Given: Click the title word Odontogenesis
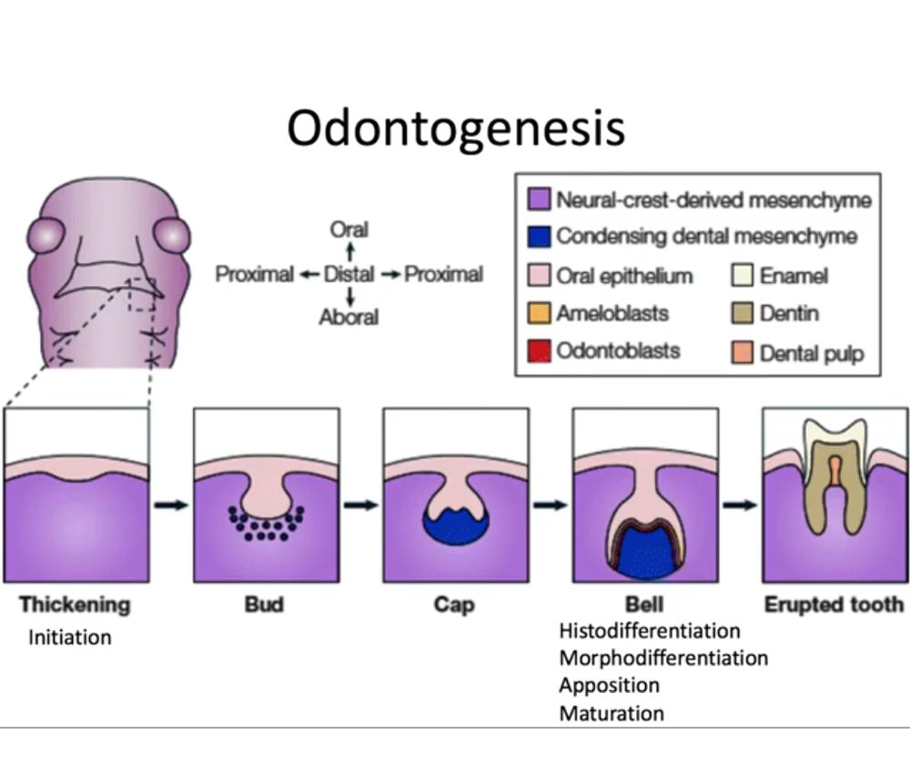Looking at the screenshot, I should [456, 128].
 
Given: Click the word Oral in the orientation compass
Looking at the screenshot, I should [349, 229].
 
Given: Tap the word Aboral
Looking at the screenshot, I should [349, 317].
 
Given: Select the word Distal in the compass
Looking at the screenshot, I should [349, 273].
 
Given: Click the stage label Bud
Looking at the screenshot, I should [264, 604].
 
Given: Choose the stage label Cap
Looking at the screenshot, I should [454, 604].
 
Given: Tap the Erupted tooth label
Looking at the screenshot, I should [834, 604].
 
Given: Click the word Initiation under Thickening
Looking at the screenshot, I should [69, 637].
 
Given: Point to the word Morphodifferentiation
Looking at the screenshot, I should [663, 657].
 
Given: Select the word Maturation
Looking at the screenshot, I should [611, 712].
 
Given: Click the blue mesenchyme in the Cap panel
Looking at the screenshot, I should [455, 530].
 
